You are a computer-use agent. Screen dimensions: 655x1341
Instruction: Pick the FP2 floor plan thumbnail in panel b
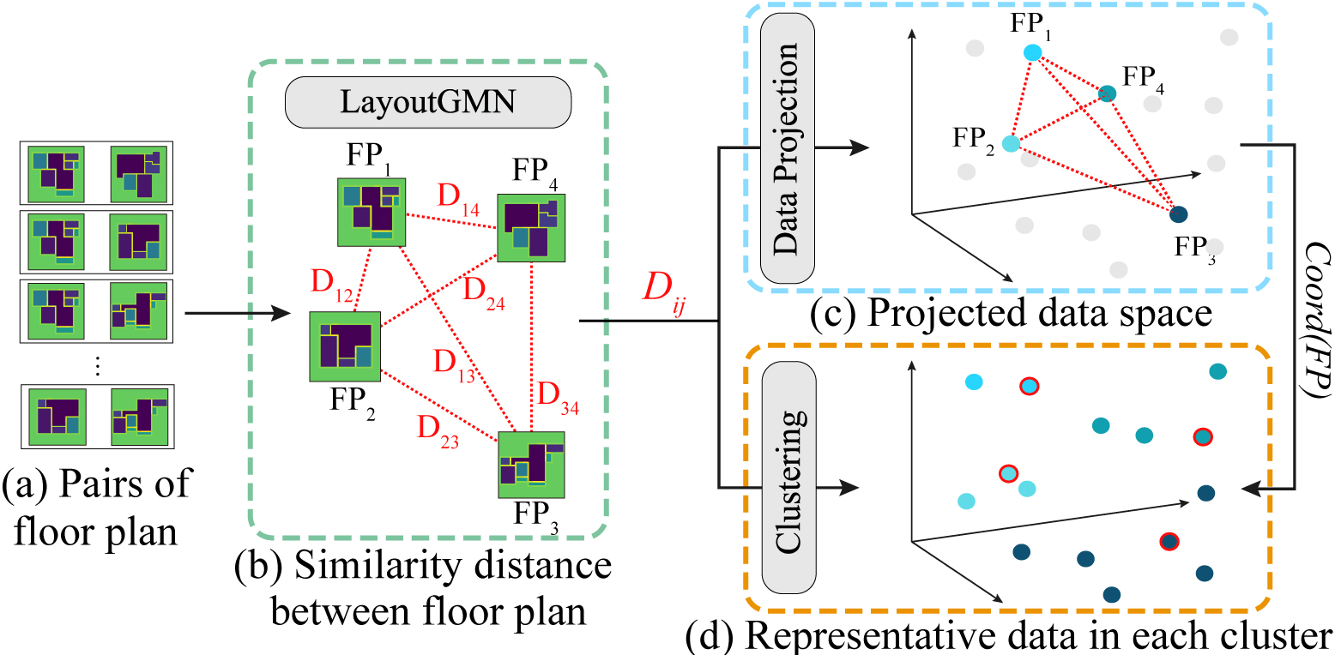click(345, 346)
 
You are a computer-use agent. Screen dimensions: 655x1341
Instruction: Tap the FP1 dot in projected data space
click(1033, 53)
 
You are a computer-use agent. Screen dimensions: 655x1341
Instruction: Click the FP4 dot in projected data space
click(1107, 93)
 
